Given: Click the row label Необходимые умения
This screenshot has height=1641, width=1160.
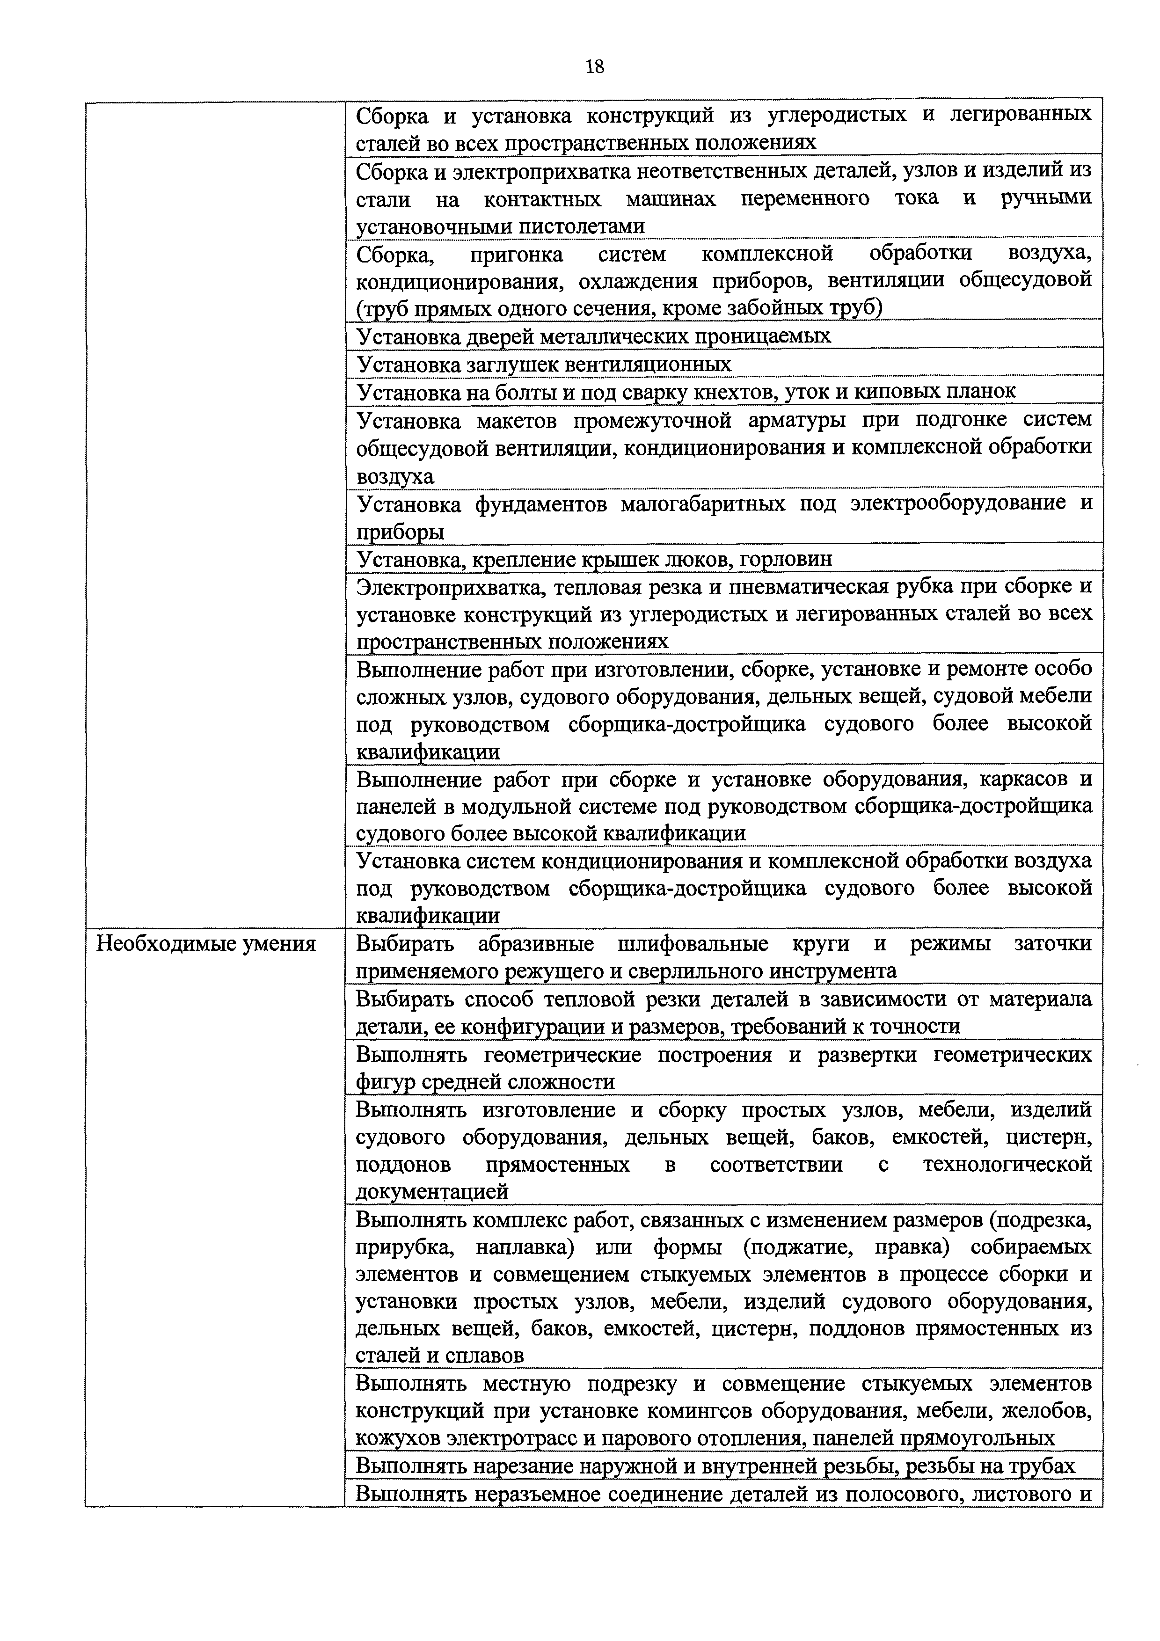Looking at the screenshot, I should point(206,945).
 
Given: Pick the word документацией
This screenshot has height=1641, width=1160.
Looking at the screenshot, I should point(432,1191).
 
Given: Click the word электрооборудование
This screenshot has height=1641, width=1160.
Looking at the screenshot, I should point(956,503).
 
